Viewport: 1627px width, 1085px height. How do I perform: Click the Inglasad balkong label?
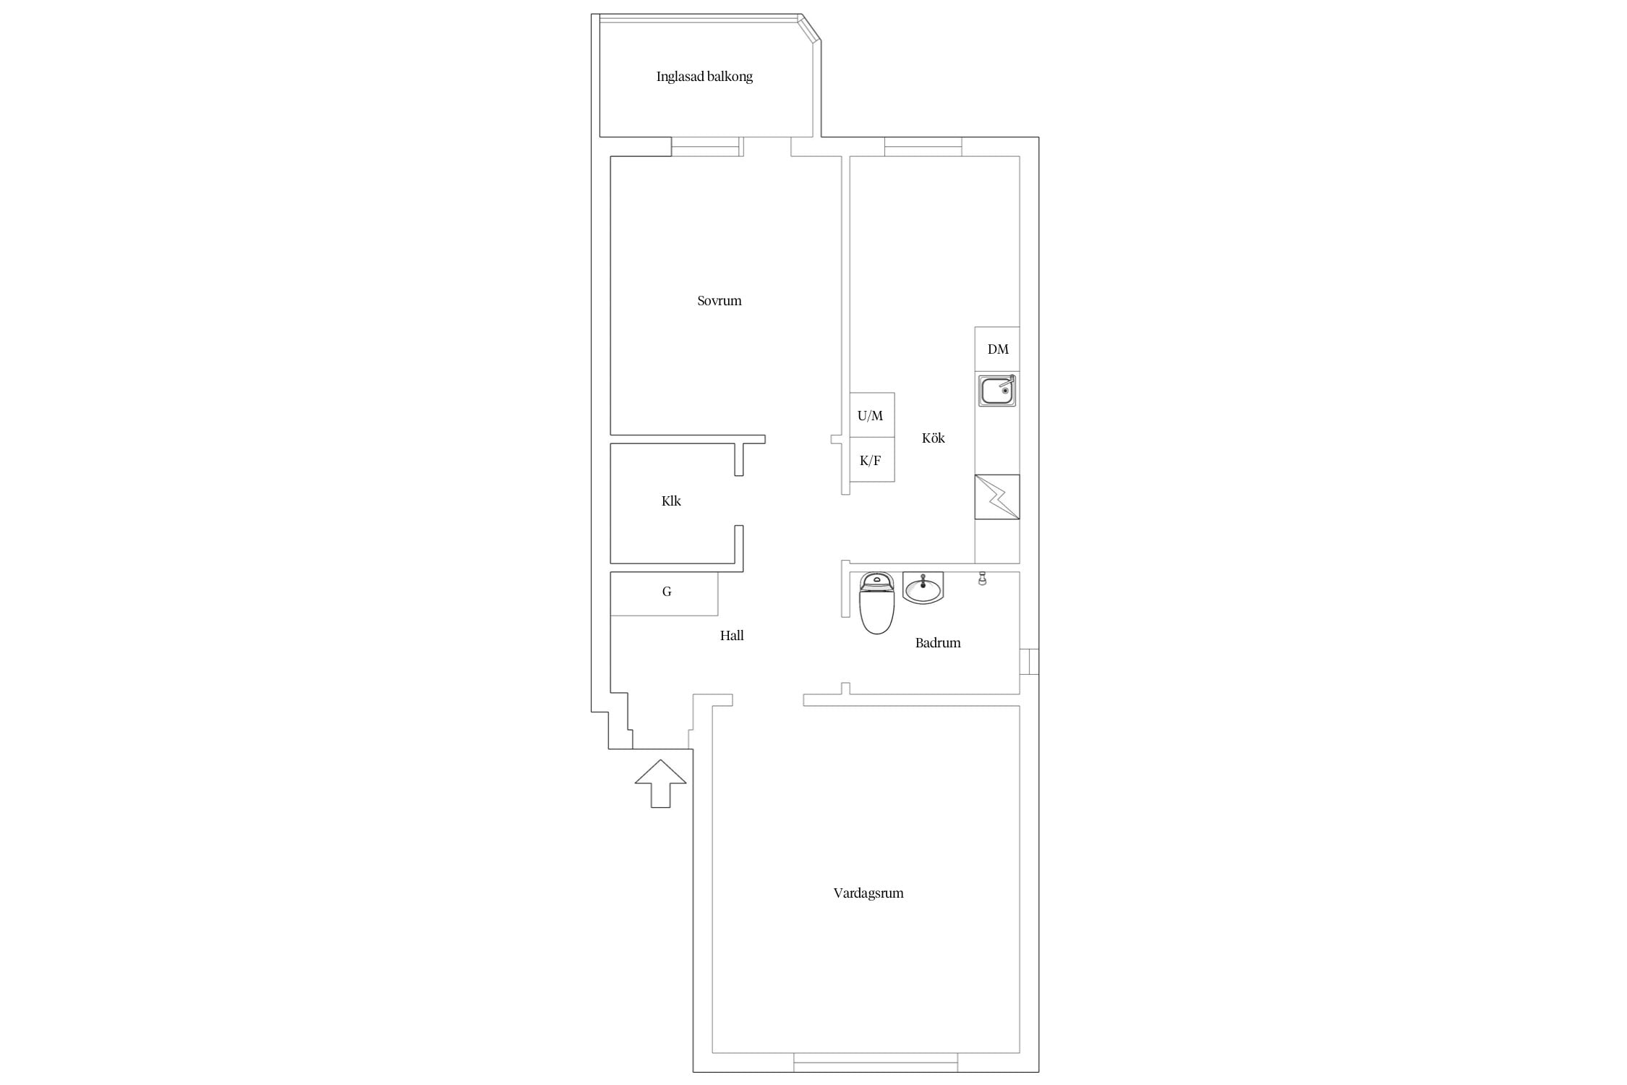(x=704, y=77)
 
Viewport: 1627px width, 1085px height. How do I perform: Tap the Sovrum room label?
(x=719, y=301)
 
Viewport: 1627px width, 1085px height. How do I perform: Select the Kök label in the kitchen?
(x=934, y=438)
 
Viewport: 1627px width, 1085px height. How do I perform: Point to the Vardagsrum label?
(x=868, y=893)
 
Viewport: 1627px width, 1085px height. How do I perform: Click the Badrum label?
(x=938, y=643)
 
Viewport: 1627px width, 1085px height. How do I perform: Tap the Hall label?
(x=732, y=636)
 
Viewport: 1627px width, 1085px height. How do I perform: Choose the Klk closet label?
(x=671, y=501)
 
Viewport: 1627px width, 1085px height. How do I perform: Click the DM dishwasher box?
(x=997, y=349)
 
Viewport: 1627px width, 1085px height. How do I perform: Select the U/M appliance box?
(x=871, y=415)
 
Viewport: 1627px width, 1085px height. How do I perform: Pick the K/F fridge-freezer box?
(x=871, y=460)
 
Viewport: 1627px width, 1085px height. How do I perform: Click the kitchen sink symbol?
(x=997, y=391)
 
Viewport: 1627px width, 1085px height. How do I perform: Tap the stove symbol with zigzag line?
(x=997, y=497)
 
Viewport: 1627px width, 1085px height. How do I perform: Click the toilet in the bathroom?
(x=876, y=603)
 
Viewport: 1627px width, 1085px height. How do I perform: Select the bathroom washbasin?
(x=923, y=588)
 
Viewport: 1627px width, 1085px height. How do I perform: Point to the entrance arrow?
(x=660, y=784)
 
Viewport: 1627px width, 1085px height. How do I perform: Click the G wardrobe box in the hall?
(x=665, y=594)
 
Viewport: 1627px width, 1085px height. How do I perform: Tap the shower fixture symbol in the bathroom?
(x=982, y=579)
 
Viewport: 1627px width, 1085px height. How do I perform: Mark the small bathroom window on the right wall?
(x=1030, y=662)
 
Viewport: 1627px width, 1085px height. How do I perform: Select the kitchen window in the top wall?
(x=923, y=147)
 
